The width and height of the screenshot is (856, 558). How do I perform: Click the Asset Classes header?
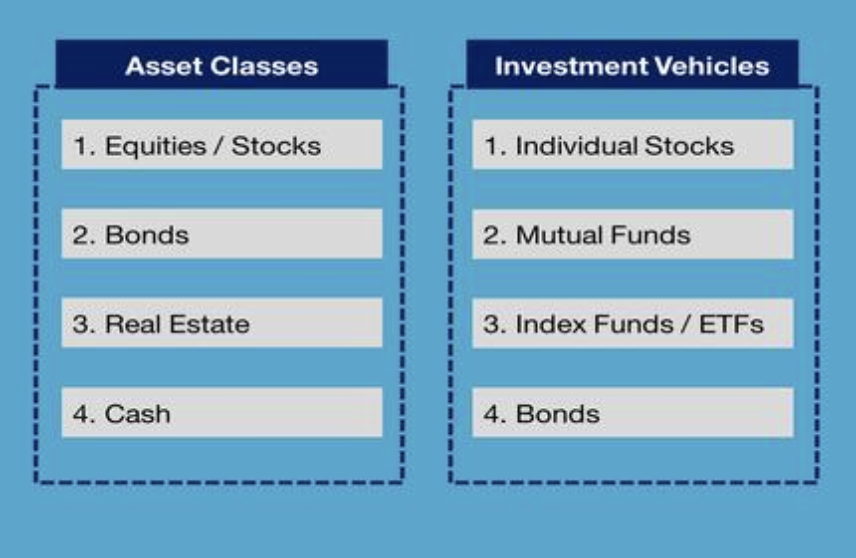(x=222, y=64)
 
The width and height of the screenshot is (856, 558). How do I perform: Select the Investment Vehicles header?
(x=632, y=64)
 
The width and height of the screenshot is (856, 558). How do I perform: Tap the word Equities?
(x=156, y=146)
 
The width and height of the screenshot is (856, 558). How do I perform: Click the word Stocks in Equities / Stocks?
(x=276, y=146)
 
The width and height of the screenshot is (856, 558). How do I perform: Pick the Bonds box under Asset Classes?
(x=222, y=234)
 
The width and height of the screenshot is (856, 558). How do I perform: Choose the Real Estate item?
(x=222, y=323)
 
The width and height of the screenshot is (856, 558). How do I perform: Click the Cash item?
(x=222, y=412)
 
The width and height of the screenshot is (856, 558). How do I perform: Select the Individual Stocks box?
(x=633, y=145)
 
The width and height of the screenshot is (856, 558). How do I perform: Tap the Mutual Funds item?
(x=633, y=234)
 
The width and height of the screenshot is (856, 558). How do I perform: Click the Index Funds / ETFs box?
(x=633, y=323)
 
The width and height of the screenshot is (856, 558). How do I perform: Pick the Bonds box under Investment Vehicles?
(x=633, y=412)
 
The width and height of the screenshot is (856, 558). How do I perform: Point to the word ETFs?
(x=732, y=324)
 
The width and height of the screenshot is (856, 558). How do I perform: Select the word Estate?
(x=210, y=324)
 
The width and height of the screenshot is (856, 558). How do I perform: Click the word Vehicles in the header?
(x=711, y=66)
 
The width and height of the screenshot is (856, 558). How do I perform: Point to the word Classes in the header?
(x=264, y=66)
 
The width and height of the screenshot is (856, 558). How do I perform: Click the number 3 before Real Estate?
(x=81, y=324)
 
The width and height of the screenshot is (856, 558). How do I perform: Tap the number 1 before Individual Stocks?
(x=491, y=146)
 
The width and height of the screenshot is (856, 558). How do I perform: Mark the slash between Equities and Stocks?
(x=219, y=146)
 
